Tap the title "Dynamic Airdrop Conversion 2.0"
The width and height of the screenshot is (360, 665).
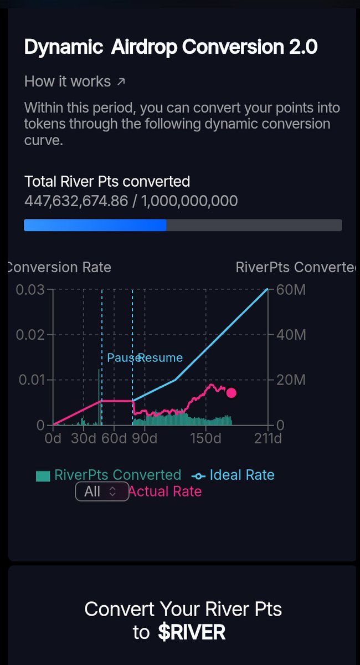[x=171, y=47]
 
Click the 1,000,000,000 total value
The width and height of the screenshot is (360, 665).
[x=190, y=201]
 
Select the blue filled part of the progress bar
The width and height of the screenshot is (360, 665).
[x=95, y=225]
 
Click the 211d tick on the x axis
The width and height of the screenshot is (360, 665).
[x=268, y=438]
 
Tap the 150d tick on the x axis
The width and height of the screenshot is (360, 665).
[x=205, y=438]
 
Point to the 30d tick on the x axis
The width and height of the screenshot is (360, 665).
[x=84, y=438]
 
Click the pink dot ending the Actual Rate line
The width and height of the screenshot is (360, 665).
[x=232, y=393]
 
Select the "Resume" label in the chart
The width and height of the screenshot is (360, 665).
[x=161, y=357]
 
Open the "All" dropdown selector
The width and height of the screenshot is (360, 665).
[x=102, y=491]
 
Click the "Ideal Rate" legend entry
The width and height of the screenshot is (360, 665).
[x=241, y=475]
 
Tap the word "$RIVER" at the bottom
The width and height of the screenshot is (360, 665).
[x=192, y=632]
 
